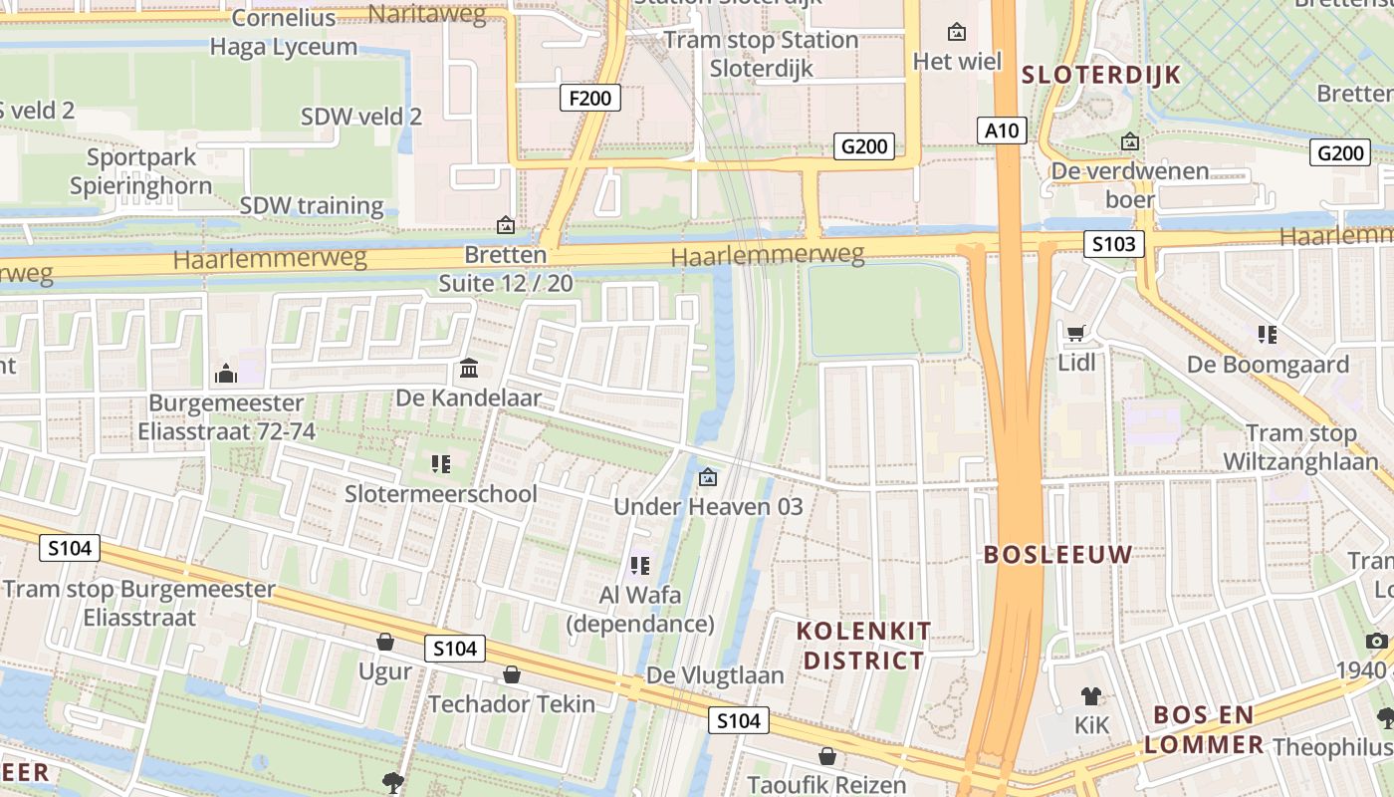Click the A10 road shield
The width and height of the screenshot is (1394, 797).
tap(1001, 130)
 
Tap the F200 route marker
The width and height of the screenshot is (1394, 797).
tap(590, 98)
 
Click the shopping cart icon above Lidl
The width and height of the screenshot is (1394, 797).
tap(1075, 333)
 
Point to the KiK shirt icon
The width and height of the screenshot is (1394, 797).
tap(1091, 696)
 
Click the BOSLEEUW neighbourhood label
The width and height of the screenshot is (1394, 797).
tap(1058, 555)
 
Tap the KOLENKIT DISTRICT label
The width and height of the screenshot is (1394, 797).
tap(864, 646)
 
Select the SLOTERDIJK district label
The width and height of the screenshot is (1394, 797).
tap(1101, 75)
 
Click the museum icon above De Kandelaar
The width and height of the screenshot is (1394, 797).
tap(468, 370)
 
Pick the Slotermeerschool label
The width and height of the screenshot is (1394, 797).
tap(441, 494)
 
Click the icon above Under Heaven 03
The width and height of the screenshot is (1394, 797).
tap(707, 478)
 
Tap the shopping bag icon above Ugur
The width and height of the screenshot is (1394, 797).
tap(385, 642)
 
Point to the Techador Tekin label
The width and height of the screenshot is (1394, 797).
tap(512, 704)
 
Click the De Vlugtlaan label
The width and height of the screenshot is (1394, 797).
tap(715, 675)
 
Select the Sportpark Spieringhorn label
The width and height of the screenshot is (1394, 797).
tap(140, 171)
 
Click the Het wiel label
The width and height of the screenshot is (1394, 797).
tap(957, 62)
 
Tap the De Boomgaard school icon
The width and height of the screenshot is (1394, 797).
tap(1267, 335)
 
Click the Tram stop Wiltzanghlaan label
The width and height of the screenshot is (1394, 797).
tap(1301, 447)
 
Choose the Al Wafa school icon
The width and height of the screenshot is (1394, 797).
tap(639, 566)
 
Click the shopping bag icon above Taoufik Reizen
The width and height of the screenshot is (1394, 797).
tap(826, 756)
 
